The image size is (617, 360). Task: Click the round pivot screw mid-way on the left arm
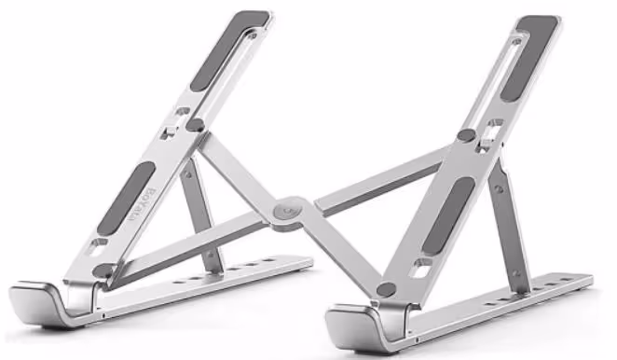(195, 123)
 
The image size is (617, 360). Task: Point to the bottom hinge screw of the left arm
(103, 270)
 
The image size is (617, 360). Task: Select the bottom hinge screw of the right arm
(385, 289)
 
